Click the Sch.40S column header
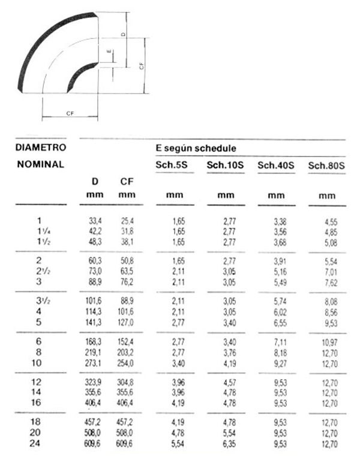tap(275, 165)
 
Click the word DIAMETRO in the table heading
tap(41, 146)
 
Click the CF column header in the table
tap(127, 181)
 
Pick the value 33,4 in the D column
tap(95, 221)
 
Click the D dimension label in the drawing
tap(122, 35)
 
